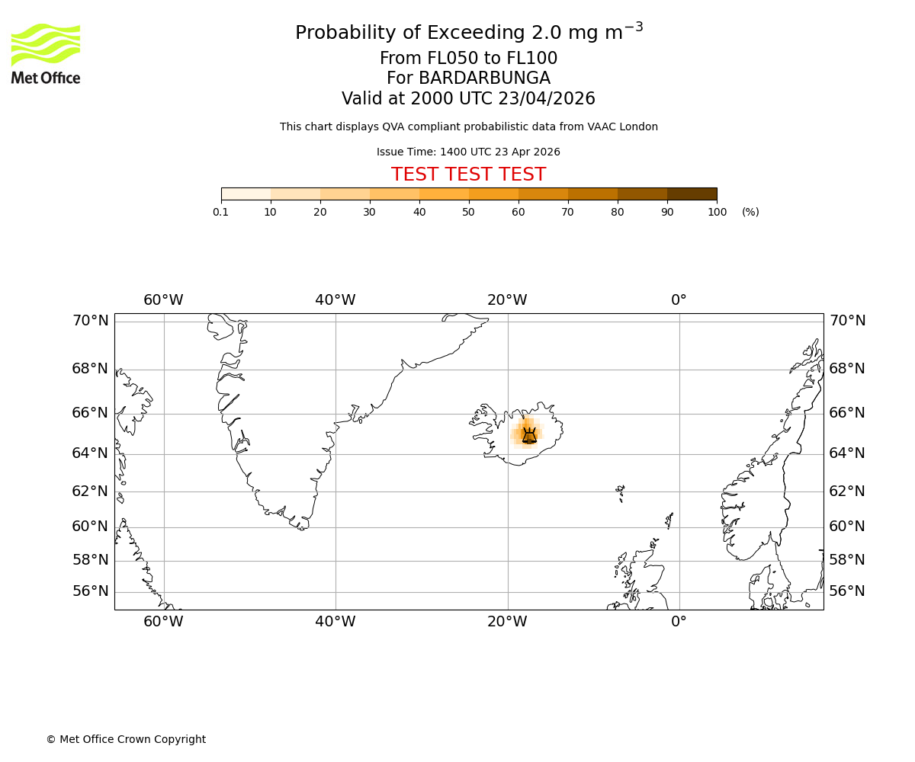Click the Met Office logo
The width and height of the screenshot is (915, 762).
(46, 53)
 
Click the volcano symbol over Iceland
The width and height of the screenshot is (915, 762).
(529, 435)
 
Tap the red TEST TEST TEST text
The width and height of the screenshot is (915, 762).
(468, 174)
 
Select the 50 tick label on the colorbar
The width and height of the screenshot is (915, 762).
(468, 212)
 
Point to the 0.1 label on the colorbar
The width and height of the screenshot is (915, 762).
(221, 212)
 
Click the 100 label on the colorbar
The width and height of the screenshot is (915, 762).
(717, 212)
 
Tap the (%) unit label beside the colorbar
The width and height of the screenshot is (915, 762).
(750, 212)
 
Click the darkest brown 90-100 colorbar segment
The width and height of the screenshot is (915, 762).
(692, 194)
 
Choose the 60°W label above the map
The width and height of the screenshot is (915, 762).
(163, 300)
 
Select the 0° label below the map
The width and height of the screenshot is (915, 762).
(679, 622)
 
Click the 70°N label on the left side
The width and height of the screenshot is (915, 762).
(90, 321)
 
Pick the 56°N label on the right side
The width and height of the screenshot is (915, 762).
(847, 591)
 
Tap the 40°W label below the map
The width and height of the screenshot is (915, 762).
(335, 622)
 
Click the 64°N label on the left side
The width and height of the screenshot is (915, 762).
(90, 453)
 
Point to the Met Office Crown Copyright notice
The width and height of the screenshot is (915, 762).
(126, 739)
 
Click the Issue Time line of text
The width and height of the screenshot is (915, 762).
(468, 152)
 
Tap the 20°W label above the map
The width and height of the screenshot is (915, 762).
(507, 300)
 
